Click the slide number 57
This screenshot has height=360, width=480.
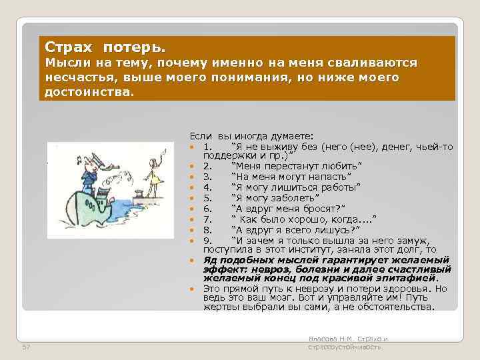point(26,348)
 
